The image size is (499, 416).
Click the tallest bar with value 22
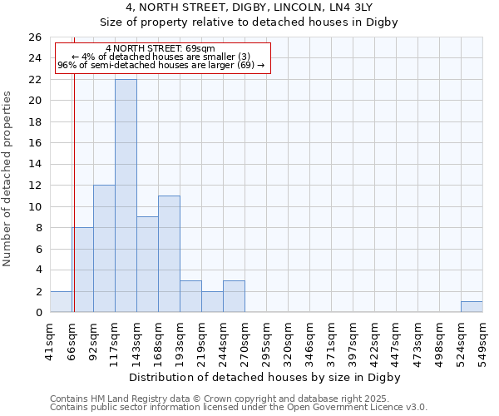126,196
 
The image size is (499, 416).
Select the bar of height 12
104,249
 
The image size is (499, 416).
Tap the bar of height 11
169,254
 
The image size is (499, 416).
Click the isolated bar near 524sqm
472,307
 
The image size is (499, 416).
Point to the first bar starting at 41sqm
61,302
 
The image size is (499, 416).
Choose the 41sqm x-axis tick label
51,336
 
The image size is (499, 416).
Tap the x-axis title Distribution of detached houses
265,377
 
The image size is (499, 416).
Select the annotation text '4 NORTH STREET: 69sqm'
161,48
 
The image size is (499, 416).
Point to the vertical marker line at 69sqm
74,208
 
